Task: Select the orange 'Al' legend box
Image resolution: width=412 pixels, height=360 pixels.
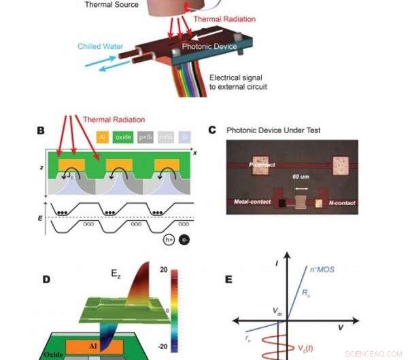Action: click(103, 137)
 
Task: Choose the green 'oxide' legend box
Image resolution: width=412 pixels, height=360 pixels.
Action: click(123, 137)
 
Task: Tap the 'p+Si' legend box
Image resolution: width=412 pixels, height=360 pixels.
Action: click(145, 137)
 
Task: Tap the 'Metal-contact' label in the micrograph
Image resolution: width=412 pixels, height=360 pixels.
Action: click(250, 202)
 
